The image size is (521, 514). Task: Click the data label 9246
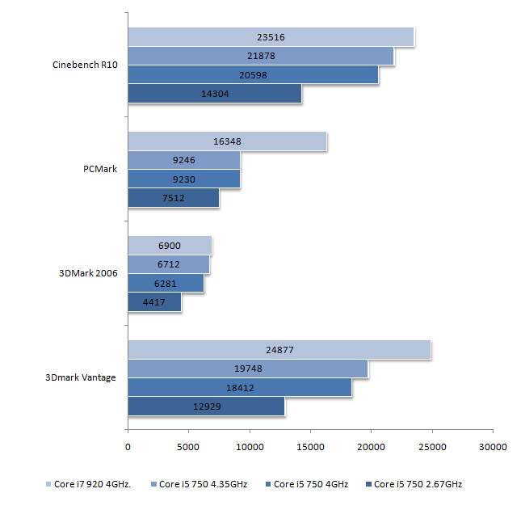coord(183,161)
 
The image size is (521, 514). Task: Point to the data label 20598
coord(253,75)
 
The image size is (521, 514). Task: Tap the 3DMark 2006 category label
coord(89,274)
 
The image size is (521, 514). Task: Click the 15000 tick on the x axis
coord(310,445)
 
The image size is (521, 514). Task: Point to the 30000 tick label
coord(493,445)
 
